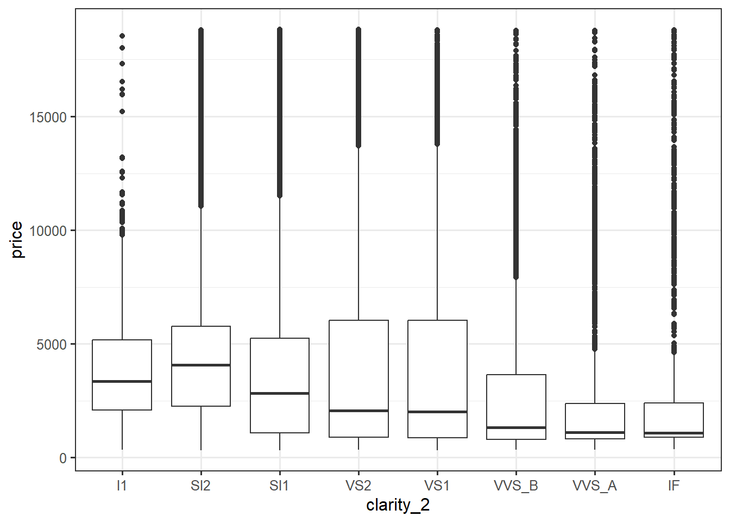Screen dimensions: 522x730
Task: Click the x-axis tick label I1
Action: tap(122, 486)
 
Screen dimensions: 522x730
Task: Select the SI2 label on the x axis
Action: tap(200, 486)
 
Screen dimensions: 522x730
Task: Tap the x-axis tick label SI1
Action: tap(279, 486)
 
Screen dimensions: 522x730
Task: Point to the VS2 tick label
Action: tap(358, 486)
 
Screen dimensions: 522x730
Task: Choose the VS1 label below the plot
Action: tap(437, 486)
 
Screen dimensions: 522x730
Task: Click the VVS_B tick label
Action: tap(516, 486)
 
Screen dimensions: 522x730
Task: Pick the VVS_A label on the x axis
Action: tap(595, 486)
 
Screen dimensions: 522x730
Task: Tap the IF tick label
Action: tap(674, 486)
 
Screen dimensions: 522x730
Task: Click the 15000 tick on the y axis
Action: tap(48, 117)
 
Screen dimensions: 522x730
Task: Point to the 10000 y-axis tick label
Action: tap(48, 231)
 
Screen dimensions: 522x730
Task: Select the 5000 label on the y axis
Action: tap(52, 345)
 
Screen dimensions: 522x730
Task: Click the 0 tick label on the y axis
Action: tap(63, 458)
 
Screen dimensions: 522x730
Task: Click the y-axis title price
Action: tap(17, 240)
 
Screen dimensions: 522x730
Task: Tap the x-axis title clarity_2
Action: tap(398, 505)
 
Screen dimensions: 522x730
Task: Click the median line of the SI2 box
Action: tap(200, 365)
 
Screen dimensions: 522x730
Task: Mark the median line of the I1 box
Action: tap(122, 381)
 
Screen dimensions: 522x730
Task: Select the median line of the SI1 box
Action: tap(279, 393)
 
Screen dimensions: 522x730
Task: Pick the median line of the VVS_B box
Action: tap(516, 427)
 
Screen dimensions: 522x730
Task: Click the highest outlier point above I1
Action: tap(122, 36)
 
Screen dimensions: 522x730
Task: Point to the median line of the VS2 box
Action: tap(358, 411)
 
